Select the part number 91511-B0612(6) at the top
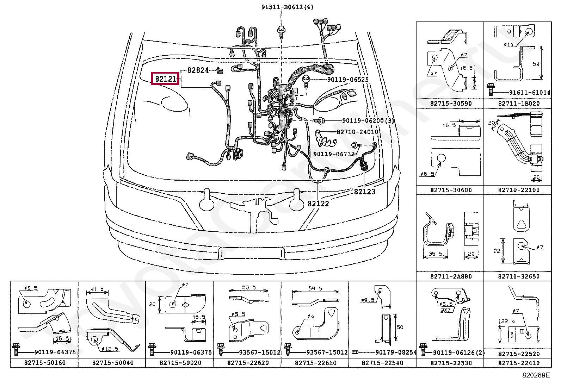click(x=287, y=7)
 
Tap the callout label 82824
click(x=198, y=70)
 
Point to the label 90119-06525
click(x=348, y=80)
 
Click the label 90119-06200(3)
click(x=368, y=121)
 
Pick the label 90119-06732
click(x=334, y=154)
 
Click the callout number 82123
click(x=365, y=192)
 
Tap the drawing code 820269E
click(x=536, y=375)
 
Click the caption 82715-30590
click(x=450, y=104)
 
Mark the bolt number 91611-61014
click(x=530, y=93)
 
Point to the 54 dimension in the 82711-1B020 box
click(x=536, y=64)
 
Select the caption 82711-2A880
click(x=450, y=276)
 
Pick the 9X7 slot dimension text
click(x=446, y=310)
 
